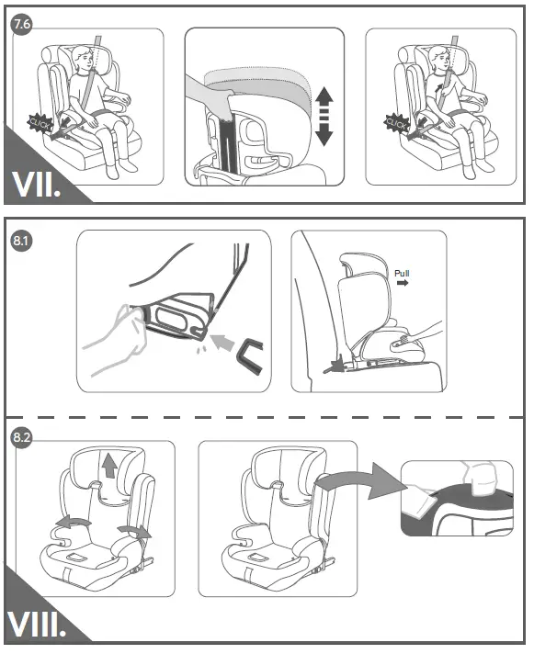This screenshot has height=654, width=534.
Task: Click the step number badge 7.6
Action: pos(20,25)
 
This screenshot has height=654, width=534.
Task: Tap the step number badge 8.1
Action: pos(20,242)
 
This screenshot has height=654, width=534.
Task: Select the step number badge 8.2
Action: pos(20,438)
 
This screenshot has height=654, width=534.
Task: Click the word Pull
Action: pos(404,273)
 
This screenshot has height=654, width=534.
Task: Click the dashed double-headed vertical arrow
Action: pos(323,117)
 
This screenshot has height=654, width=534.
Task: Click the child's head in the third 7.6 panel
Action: pos(440,62)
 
